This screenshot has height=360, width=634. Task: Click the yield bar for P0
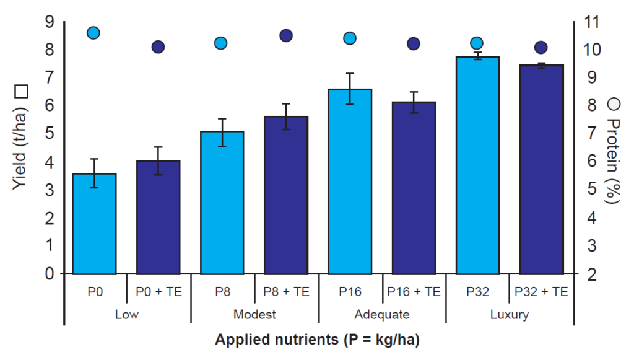[x=95, y=224]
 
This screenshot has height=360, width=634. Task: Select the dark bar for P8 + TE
[x=286, y=195]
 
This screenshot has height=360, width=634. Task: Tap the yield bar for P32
[x=477, y=165]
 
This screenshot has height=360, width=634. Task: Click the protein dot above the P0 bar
[x=93, y=33]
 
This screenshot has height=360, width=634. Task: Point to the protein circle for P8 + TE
[x=286, y=35]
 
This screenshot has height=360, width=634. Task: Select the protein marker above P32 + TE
[x=541, y=47]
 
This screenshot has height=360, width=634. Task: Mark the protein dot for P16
[x=350, y=38]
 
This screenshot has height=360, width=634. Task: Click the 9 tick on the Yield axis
[x=50, y=22]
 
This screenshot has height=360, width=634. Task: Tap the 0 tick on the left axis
[x=50, y=273]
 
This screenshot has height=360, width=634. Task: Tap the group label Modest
[x=254, y=314]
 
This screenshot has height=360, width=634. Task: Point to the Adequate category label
[x=381, y=314]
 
